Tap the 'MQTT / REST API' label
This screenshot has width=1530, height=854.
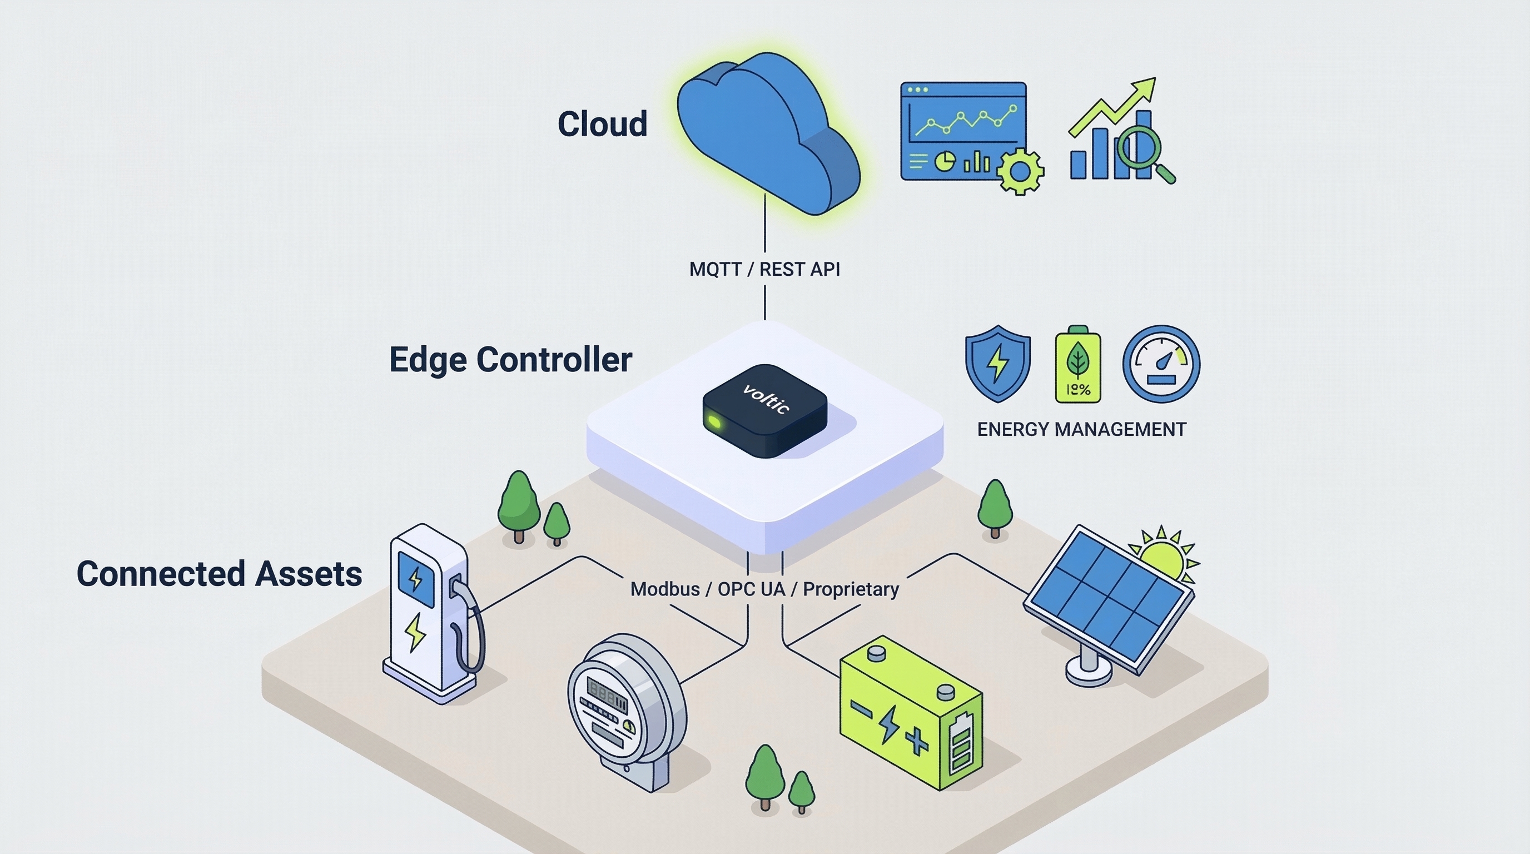(764, 269)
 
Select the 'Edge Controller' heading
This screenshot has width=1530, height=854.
(510, 359)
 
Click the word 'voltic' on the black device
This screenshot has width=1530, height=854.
(766, 399)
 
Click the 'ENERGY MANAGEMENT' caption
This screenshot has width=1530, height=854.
(1081, 429)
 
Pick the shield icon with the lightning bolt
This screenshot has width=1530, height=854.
(998, 363)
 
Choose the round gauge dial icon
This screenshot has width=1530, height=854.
(1161, 364)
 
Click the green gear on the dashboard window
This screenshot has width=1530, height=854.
(1020, 171)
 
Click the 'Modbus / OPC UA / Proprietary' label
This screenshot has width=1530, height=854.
(764, 589)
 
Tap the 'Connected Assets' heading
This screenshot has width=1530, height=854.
(219, 574)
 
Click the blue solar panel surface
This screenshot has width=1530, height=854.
(1107, 600)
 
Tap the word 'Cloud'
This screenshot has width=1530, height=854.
(602, 123)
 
